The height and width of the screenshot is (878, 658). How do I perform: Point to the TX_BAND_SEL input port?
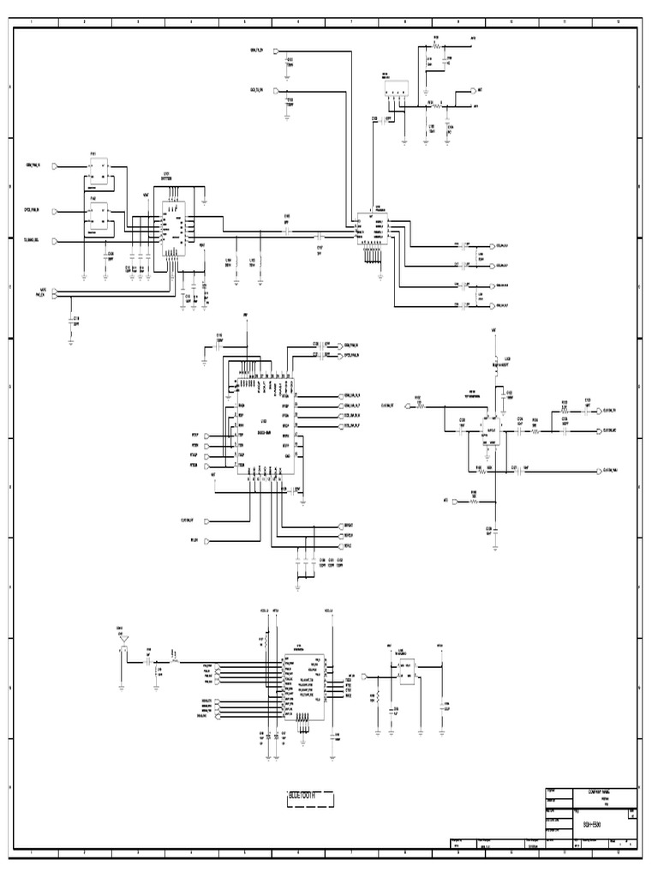tap(56, 240)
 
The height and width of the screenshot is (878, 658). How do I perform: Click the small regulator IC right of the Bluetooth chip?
tap(406, 671)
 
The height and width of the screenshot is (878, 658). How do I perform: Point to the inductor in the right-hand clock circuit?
tap(494, 360)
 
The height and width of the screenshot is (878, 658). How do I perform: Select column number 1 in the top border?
tap(33, 20)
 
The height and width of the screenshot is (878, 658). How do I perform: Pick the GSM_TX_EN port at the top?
tap(276, 51)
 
